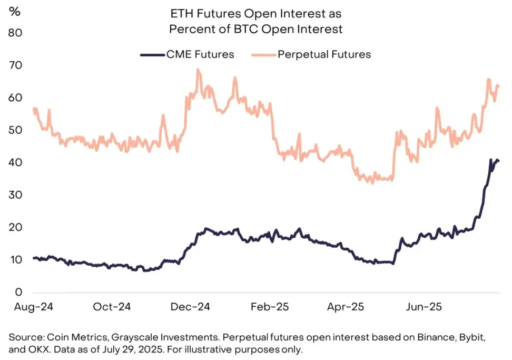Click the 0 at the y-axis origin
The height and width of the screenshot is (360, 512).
[x=18, y=292]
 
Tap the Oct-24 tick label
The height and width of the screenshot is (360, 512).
[x=113, y=307]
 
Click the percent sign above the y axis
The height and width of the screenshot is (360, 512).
[x=14, y=12]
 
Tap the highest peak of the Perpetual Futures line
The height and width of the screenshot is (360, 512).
[x=198, y=69]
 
